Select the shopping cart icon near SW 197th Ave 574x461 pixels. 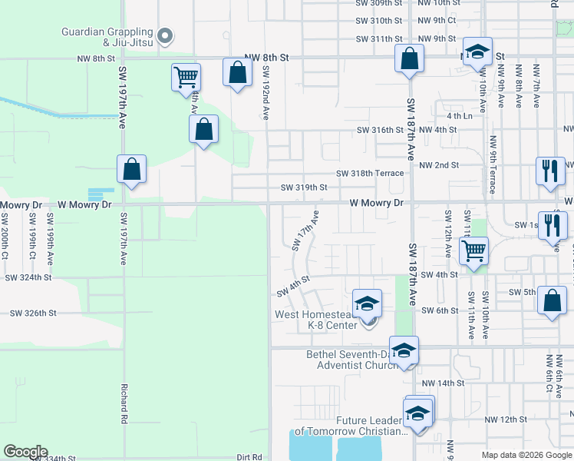click(186, 78)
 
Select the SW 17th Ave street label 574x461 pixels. click(305, 230)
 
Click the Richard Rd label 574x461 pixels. click(124, 403)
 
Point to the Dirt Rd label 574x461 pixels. click(249, 456)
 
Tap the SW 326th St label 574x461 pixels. click(33, 313)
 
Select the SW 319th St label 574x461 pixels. click(304, 187)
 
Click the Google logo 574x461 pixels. click(25, 452)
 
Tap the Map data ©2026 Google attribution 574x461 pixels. click(526, 455)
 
